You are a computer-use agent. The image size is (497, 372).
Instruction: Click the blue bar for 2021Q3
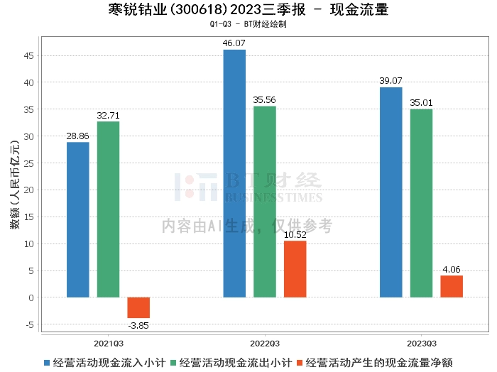pos(78,219)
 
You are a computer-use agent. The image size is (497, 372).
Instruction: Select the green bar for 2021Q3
pos(108,209)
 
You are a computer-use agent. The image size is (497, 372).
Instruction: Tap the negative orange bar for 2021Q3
pos(138,307)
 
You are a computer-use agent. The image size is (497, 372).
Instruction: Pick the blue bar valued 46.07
pos(234,173)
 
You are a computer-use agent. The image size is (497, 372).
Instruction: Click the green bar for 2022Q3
pos(265,202)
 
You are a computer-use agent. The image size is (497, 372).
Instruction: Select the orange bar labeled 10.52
pos(295,269)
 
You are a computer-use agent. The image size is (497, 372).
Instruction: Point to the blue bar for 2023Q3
pos(390,192)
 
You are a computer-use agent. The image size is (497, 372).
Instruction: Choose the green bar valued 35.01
pos(421,203)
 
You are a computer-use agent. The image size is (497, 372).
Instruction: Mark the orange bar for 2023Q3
pos(452,286)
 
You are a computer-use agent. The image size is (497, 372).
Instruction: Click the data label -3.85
pos(138,325)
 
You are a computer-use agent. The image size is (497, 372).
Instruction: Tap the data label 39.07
pos(390,80)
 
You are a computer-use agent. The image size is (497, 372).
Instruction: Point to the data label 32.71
pos(108,115)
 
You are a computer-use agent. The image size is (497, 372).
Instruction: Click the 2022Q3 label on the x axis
pos(265,344)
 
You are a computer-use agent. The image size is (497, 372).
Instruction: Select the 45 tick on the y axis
pos(28,56)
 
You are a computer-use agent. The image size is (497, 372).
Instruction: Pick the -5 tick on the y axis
pos(30,324)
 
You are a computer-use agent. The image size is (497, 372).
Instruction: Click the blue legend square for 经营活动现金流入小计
pos(47,363)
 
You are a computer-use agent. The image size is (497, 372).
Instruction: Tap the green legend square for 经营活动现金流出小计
pos(173,363)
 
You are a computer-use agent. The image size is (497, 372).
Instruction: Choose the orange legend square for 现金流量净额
pos(300,363)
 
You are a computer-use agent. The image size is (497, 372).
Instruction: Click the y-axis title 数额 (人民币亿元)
pos(15,185)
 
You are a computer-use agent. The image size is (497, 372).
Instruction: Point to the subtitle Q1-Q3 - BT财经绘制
pos(248,24)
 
